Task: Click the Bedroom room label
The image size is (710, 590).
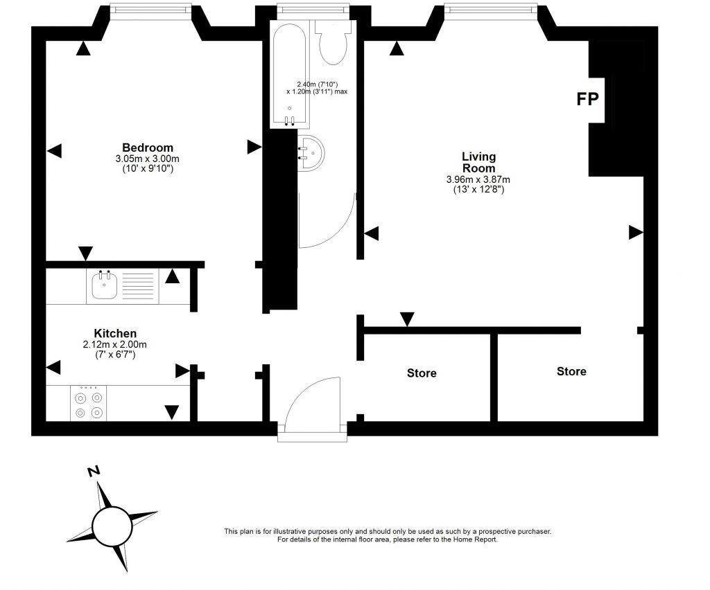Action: point(148,147)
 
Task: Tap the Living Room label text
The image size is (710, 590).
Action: point(478,162)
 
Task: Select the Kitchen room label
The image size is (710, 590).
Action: point(115,333)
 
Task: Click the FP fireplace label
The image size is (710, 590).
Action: point(588,99)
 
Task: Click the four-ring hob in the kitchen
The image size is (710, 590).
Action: point(89,405)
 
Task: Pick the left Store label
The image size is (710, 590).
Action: point(422,373)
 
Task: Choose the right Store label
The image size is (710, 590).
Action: point(571,372)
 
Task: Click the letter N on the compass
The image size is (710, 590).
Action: point(94,471)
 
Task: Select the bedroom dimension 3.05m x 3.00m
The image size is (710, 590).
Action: point(148,159)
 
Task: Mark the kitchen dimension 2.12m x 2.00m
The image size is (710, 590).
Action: point(115,345)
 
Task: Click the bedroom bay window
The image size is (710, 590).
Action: point(150,10)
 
